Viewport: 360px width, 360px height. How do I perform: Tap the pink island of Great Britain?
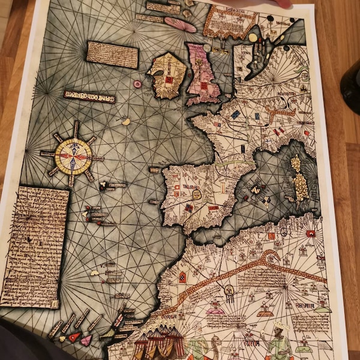pyautogui.click(x=202, y=72)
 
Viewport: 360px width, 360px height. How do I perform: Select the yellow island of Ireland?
pyautogui.click(x=167, y=75)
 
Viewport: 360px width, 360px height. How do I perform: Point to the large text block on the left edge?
pyautogui.click(x=35, y=246)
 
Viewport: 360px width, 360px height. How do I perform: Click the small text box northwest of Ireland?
pyautogui.click(x=112, y=54)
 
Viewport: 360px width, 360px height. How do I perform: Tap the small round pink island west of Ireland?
pyautogui.click(x=138, y=85)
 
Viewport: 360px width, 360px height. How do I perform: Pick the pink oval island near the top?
pyautogui.click(x=180, y=24)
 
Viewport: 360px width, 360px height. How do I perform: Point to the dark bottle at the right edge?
pyautogui.click(x=351, y=87)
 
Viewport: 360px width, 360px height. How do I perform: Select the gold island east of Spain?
pyautogui.click(x=299, y=180)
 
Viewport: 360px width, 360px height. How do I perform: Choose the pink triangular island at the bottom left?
pyautogui.click(x=86, y=340)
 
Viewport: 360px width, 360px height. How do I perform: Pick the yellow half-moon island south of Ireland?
pyautogui.click(x=126, y=122)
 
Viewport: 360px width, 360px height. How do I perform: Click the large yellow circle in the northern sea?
pyautogui.click(x=253, y=37)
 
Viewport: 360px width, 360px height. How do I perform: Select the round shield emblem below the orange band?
pyautogui.click(x=229, y=291)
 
